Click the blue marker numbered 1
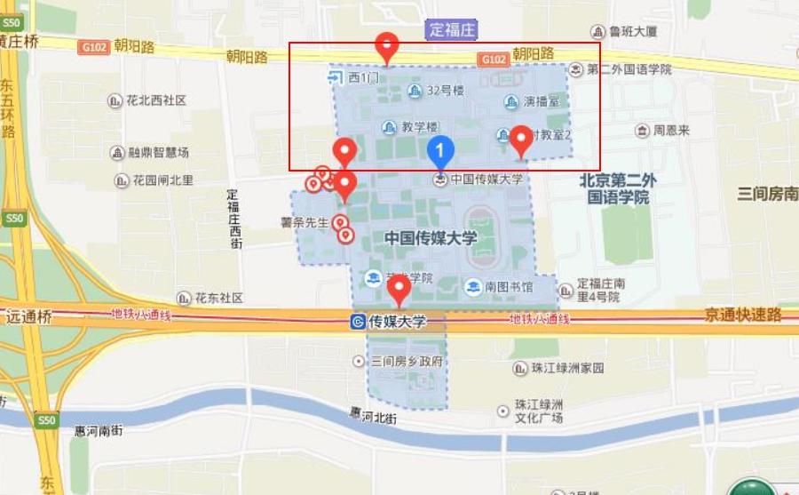coord(440,150)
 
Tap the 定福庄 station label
coord(453,29)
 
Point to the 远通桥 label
coord(29,315)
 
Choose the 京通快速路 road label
coord(743,315)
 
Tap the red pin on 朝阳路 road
coord(386,47)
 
